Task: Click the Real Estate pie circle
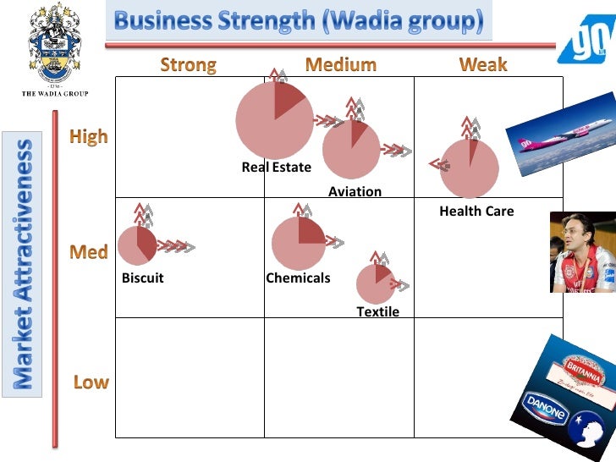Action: [x=274, y=120]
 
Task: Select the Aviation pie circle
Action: [x=351, y=150]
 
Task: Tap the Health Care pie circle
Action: [x=470, y=168]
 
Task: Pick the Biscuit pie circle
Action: [x=137, y=245]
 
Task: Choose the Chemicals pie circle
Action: [x=299, y=244]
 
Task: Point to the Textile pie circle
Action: [x=375, y=284]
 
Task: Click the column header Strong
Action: [x=188, y=65]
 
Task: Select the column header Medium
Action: [x=340, y=65]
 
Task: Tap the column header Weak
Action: [x=482, y=65]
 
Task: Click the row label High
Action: [x=89, y=137]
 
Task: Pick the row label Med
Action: [x=89, y=252]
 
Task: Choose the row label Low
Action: [x=91, y=382]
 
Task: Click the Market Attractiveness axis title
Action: [x=25, y=263]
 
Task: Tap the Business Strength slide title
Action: [x=299, y=20]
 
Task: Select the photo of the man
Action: [x=583, y=252]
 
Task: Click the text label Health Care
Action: [x=476, y=212]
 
